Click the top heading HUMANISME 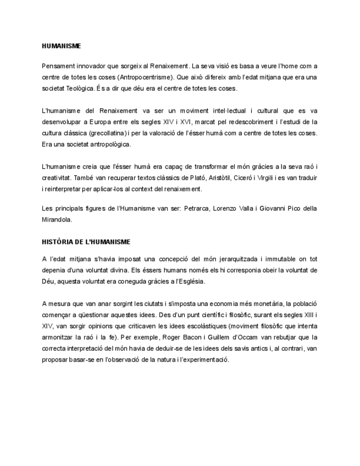(61, 47)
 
